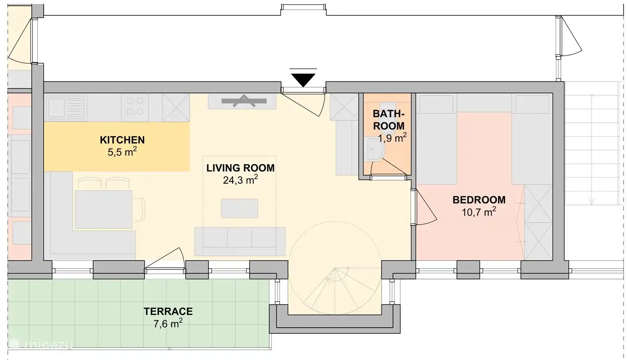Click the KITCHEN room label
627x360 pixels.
pos(122,140)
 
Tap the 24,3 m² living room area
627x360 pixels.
pos(240,180)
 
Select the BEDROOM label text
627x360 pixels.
pos(479,200)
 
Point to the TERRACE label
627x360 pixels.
pos(168,311)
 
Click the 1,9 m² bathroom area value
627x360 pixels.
pos(392,138)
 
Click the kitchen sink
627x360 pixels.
pos(66,108)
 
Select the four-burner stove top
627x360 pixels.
pos(135,106)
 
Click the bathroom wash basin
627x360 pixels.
pos(375,149)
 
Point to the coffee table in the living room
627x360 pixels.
pos(239,208)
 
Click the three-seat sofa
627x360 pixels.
pos(240,241)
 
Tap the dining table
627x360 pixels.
pos(103,209)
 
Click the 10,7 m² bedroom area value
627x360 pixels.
pos(479,212)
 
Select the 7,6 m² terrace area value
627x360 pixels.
pos(168,323)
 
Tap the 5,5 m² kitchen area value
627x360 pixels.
pos(122,152)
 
